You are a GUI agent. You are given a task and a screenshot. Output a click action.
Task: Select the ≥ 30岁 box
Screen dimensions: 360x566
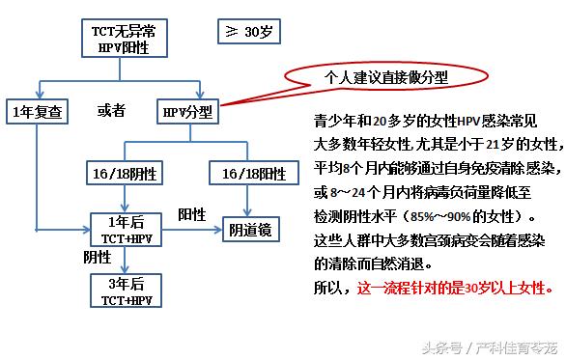pyautogui.click(x=249, y=32)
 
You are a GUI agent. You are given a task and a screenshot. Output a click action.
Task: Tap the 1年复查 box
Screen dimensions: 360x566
pyautogui.click(x=35, y=111)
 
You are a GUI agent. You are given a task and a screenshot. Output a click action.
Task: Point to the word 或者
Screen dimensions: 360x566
pyautogui.click(x=111, y=111)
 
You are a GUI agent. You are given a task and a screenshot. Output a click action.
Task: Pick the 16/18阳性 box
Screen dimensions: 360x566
pyautogui.click(x=253, y=173)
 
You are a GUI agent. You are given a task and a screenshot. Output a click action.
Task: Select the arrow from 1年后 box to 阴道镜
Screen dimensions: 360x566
pyautogui.click(x=189, y=231)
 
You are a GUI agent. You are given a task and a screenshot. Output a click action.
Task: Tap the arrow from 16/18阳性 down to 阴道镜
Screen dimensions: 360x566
pyautogui.click(x=252, y=200)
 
